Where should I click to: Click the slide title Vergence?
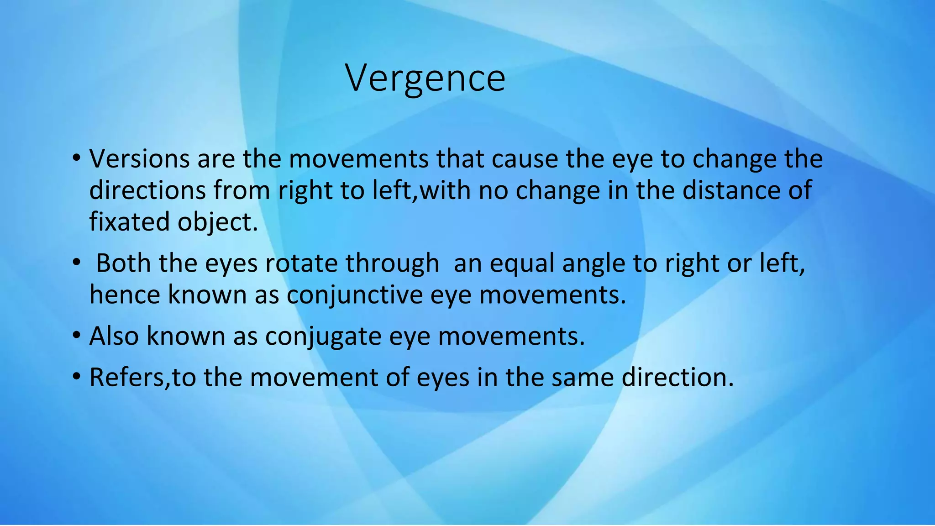(x=425, y=78)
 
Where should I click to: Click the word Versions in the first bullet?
(x=139, y=159)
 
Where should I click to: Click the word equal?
(x=522, y=264)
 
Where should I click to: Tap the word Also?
(x=114, y=336)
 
